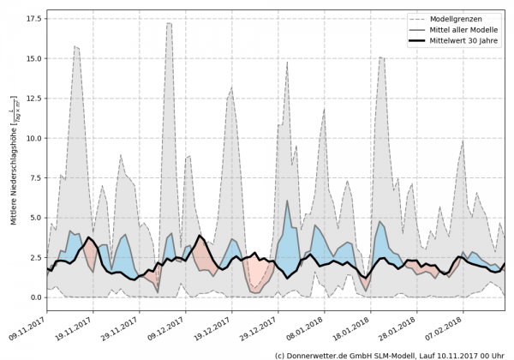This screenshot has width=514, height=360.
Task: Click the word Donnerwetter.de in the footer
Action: point(329,354)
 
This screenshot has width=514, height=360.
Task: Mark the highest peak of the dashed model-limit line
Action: point(169,23)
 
